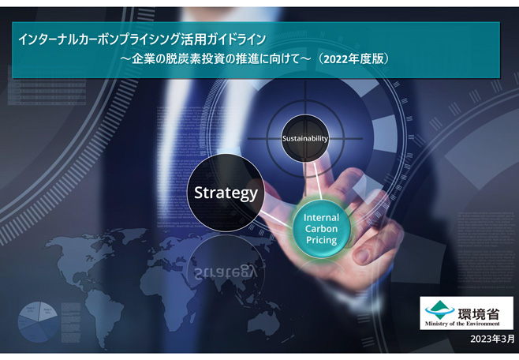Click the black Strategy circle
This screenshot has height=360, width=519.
click(226, 193)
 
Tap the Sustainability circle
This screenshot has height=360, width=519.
click(304, 138)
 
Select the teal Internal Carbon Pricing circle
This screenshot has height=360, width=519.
click(321, 229)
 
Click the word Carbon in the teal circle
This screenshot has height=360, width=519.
click(321, 229)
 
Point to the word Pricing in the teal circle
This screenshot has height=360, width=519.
click(321, 240)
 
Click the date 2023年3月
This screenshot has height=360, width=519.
click(492, 339)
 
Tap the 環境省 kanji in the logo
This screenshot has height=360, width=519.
click(479, 313)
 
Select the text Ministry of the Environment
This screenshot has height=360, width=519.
click(462, 324)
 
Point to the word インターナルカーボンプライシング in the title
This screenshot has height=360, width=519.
click(99, 39)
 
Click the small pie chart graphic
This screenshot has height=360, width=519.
click(38, 321)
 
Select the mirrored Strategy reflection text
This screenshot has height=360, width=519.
click(226, 272)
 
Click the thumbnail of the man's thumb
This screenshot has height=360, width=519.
click(363, 256)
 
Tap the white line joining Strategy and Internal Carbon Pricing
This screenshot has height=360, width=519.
click(277, 219)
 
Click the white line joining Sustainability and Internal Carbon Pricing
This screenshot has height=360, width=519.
click(318, 181)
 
